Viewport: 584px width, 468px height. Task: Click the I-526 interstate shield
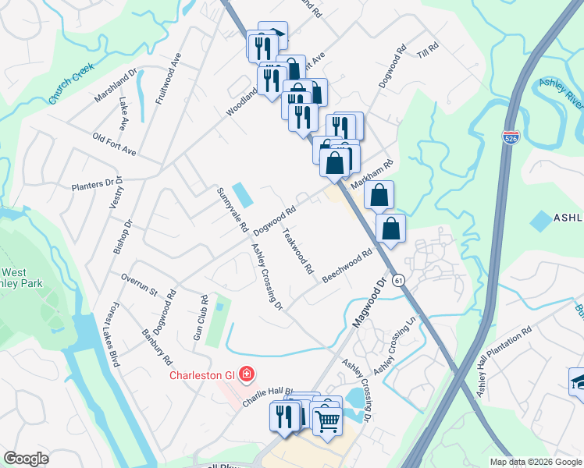tap(511, 138)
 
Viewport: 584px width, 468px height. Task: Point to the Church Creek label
tap(71, 84)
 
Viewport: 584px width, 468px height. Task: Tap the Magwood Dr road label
tap(371, 303)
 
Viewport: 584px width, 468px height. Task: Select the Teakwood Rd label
tap(297, 250)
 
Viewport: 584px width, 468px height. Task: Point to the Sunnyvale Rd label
tap(232, 211)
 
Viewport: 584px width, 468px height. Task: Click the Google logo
tap(26, 459)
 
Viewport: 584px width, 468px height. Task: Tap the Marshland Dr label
tap(116, 84)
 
